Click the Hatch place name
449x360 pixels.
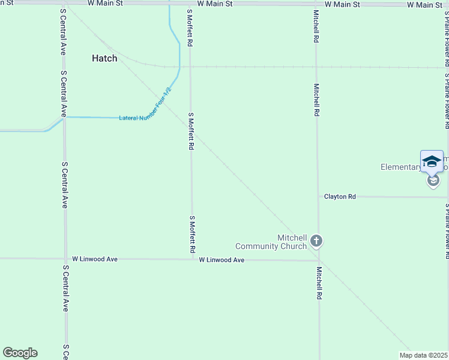[x=104, y=58]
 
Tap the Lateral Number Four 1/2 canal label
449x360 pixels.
[x=146, y=106]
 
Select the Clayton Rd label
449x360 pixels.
[x=340, y=196]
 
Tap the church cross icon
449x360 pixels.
[x=317, y=242]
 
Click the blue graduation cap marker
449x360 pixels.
[x=432, y=161]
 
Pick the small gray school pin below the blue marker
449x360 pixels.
[x=433, y=181]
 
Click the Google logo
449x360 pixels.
[x=20, y=353]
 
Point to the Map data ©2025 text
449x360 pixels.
[x=424, y=355]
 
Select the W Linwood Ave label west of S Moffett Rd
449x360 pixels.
[x=94, y=259]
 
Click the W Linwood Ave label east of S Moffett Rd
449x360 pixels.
[x=221, y=260]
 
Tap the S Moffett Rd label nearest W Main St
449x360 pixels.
[x=190, y=28]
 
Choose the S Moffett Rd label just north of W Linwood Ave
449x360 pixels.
[x=193, y=234]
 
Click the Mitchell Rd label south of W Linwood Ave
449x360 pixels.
[x=320, y=283]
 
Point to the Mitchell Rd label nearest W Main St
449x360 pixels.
[x=316, y=26]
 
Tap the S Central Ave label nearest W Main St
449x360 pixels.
[x=62, y=32]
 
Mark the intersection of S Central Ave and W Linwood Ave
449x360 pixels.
[x=65, y=259]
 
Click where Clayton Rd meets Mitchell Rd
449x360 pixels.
[x=318, y=196]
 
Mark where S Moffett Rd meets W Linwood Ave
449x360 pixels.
[x=193, y=260]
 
